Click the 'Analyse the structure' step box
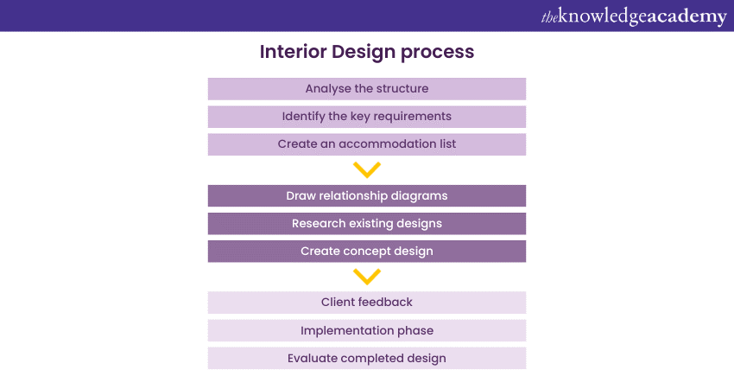click(x=366, y=89)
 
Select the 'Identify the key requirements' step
click(x=366, y=117)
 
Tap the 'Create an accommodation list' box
click(x=366, y=144)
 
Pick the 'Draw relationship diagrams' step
click(x=366, y=196)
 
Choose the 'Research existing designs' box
click(x=366, y=224)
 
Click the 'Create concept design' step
click(x=366, y=252)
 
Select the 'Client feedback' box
click(x=366, y=303)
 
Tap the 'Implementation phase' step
click(x=366, y=330)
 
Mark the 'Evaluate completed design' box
click(x=366, y=358)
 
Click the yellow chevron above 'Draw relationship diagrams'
click(x=367, y=169)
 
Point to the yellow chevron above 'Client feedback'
click(x=367, y=277)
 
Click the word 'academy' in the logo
click(x=682, y=16)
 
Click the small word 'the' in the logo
click(x=550, y=17)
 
